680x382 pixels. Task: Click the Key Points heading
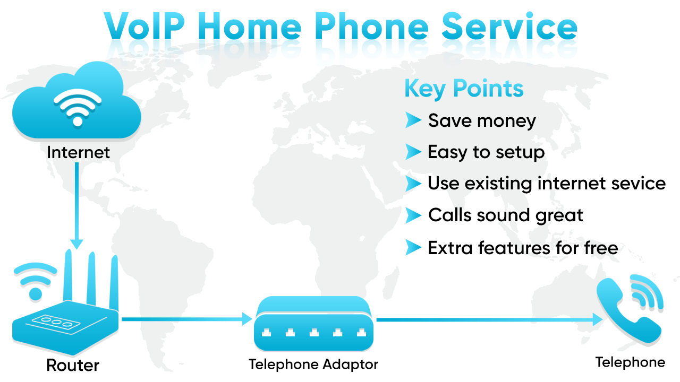pyautogui.click(x=464, y=89)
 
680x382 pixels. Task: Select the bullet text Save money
pyautogui.click(x=482, y=121)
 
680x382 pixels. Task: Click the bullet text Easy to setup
pyautogui.click(x=486, y=153)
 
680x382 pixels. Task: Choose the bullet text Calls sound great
pyautogui.click(x=506, y=215)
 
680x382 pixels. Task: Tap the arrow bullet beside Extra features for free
pyautogui.click(x=413, y=247)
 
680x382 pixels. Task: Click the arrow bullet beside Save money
pyautogui.click(x=413, y=120)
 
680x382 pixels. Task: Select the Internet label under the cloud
pyautogui.click(x=78, y=153)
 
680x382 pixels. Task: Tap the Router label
pyautogui.click(x=73, y=365)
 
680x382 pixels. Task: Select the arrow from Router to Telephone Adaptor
pyautogui.click(x=186, y=319)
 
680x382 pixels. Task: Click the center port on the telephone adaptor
pyautogui.click(x=313, y=333)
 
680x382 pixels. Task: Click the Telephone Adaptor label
pyautogui.click(x=313, y=365)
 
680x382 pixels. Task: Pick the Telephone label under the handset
pyautogui.click(x=630, y=362)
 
